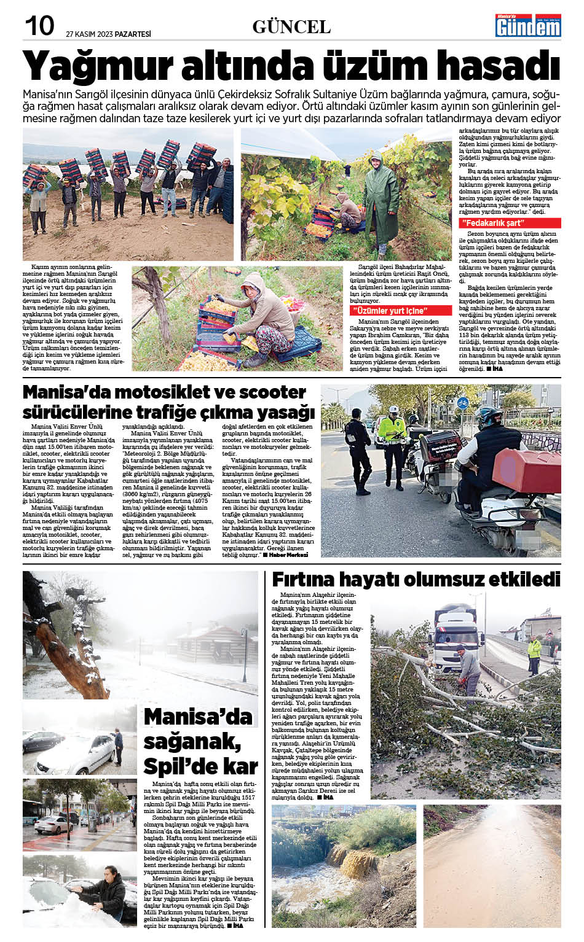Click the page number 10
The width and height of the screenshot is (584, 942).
[39, 26]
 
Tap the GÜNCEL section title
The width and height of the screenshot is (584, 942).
[291, 27]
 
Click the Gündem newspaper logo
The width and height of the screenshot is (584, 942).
[528, 25]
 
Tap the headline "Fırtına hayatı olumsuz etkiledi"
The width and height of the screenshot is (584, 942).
[416, 579]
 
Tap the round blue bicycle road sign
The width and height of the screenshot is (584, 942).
[463, 403]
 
